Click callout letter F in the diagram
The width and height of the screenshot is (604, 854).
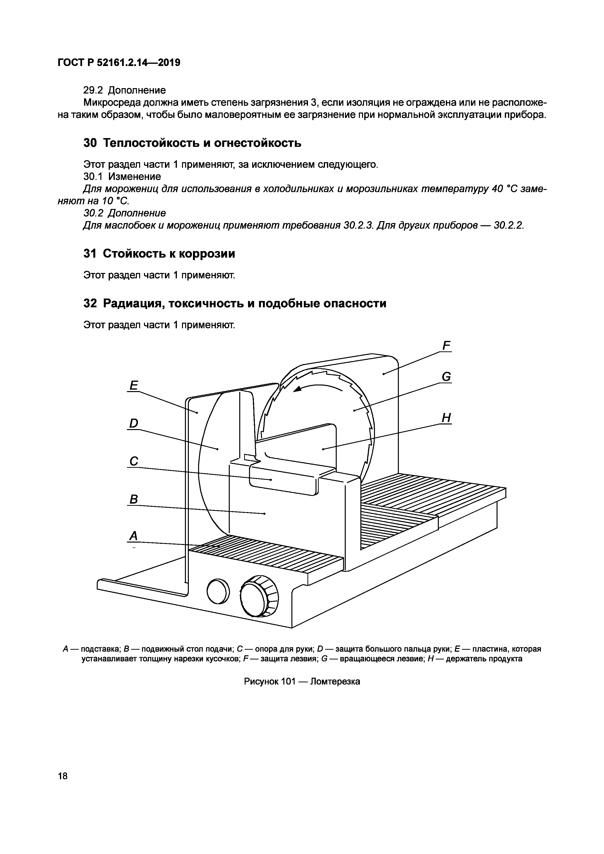(x=446, y=346)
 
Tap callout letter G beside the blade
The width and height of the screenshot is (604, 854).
(x=446, y=377)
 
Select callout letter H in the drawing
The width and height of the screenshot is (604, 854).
(x=446, y=418)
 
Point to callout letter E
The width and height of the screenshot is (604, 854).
(x=133, y=385)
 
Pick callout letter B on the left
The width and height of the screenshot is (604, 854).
(x=134, y=499)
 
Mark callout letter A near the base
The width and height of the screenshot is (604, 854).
(x=133, y=536)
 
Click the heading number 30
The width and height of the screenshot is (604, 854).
(x=90, y=143)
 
